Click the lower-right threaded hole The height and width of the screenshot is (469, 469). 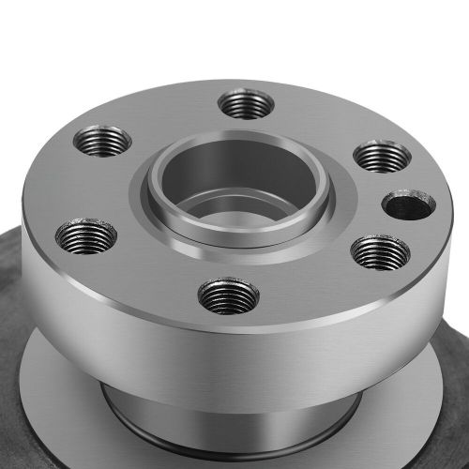pyautogui.click(x=379, y=251)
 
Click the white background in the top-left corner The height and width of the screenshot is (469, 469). pyautogui.click(x=28, y=28)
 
